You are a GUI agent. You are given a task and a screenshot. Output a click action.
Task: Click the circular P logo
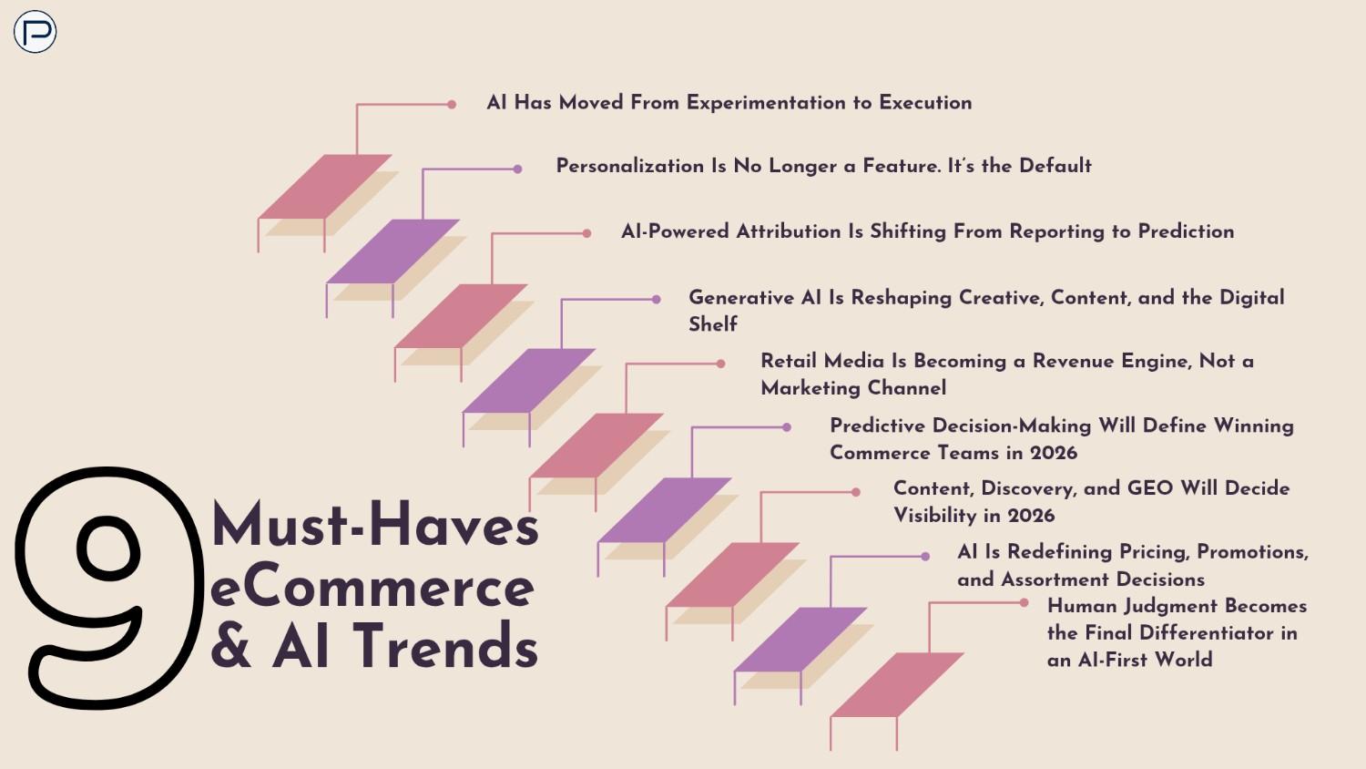pos(35,32)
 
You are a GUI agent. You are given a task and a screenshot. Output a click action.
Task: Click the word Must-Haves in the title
pos(374,526)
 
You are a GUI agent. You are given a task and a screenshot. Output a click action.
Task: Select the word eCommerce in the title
pos(372,587)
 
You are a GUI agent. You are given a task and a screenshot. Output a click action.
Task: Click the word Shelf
pos(712,324)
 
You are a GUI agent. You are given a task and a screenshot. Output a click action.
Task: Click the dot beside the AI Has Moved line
pos(452,105)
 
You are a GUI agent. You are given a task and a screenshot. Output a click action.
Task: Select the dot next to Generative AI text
pos(656,299)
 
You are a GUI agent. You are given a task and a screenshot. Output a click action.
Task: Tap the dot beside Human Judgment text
pos(1024,602)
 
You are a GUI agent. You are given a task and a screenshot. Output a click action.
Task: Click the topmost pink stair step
pos(325,187)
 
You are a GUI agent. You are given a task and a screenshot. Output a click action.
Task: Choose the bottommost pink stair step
pos(897,684)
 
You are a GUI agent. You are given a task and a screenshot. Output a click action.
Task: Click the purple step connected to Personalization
pos(393,251)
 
